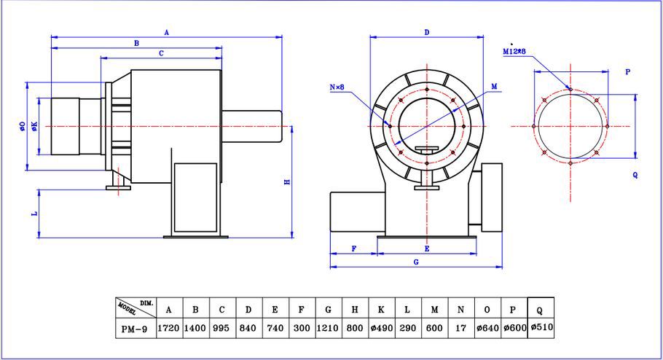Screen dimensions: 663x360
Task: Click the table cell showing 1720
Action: point(168,328)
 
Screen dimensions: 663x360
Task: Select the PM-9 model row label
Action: point(134,329)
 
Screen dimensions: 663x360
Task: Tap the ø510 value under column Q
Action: point(541,327)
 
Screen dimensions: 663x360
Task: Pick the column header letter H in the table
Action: point(354,310)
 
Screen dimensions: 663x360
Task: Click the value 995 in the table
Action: point(221,328)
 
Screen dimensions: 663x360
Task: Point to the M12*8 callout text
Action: point(514,51)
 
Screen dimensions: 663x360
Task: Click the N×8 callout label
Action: point(337,87)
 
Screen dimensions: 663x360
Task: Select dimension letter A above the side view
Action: point(167,32)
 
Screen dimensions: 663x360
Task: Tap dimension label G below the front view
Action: point(416,262)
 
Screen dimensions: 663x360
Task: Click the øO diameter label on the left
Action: point(23,126)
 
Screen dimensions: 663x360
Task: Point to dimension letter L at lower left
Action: point(35,214)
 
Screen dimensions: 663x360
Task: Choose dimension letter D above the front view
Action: point(427,32)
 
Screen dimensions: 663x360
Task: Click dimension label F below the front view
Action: point(354,249)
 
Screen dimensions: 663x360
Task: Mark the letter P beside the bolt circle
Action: point(627,72)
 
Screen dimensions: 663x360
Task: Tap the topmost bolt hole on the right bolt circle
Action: point(570,89)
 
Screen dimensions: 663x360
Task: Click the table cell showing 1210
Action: point(327,328)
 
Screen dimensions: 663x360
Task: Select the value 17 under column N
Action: point(460,328)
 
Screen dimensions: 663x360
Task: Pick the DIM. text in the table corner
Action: point(146,303)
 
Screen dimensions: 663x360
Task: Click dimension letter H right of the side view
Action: point(287,182)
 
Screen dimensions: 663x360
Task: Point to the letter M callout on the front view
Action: point(494,86)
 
